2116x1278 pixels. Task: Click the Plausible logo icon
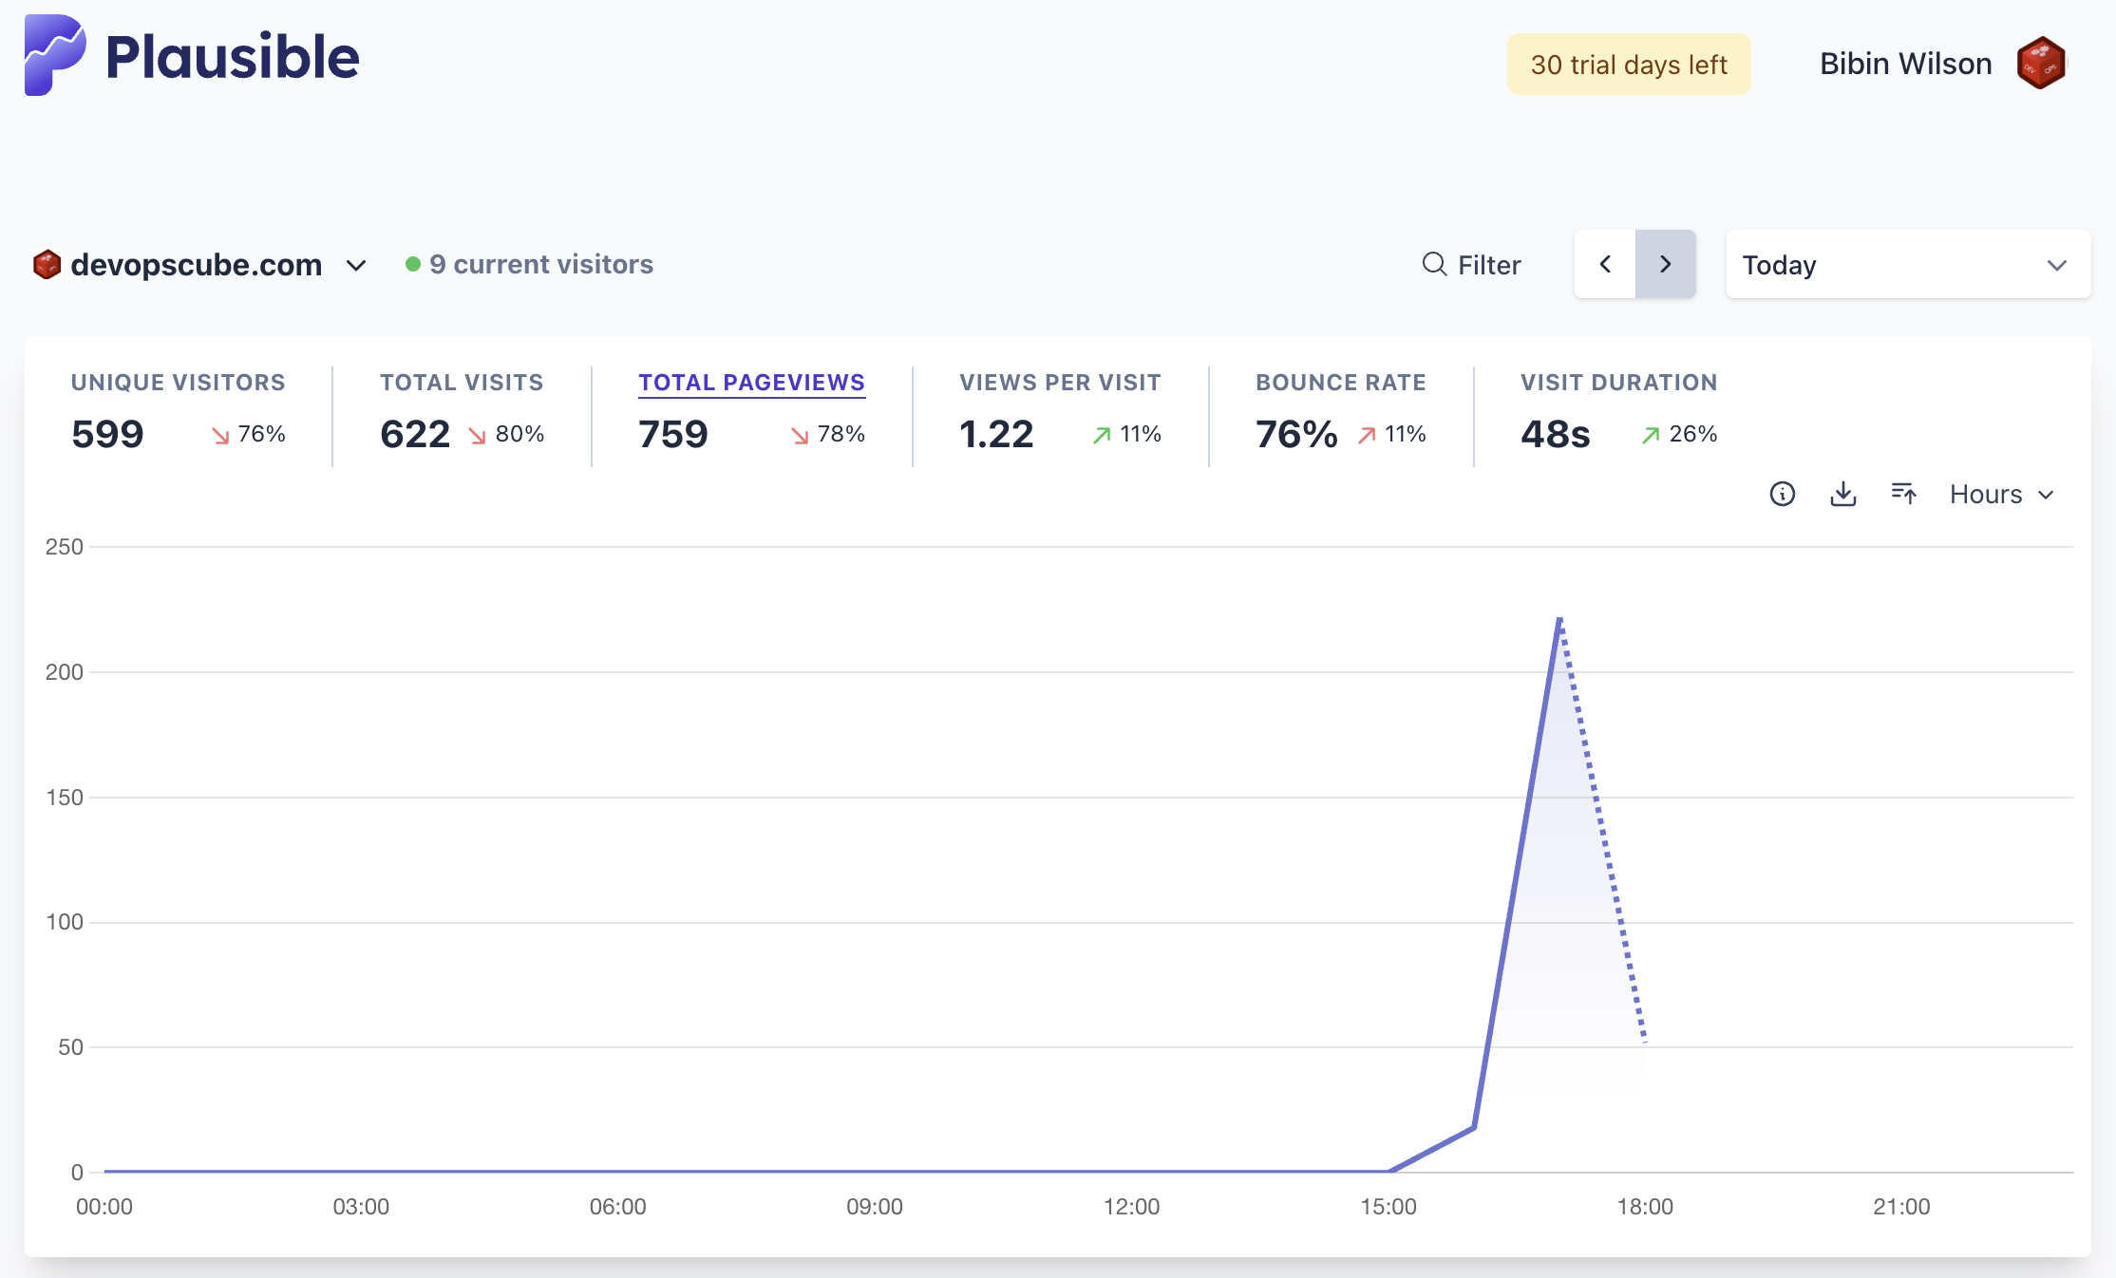pyautogui.click(x=54, y=55)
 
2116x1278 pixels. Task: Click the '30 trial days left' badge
pyautogui.click(x=1628, y=65)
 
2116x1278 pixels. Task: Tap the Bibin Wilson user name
pyautogui.click(x=1905, y=64)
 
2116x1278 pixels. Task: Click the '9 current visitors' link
pyautogui.click(x=540, y=264)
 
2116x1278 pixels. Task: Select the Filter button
pyautogui.click(x=1471, y=265)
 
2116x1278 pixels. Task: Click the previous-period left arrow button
pyautogui.click(x=1605, y=264)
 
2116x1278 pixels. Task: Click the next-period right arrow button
pyautogui.click(x=1665, y=264)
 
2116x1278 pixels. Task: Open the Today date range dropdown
pyautogui.click(x=1907, y=265)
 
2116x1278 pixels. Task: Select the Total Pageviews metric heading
pyautogui.click(x=751, y=383)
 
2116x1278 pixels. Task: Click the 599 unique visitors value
pyautogui.click(x=107, y=434)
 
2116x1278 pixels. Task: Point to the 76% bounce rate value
pyautogui.click(x=1295, y=434)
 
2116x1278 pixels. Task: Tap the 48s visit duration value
pyautogui.click(x=1555, y=434)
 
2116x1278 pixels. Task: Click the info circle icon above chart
pyautogui.click(x=1782, y=494)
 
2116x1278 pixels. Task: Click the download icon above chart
pyautogui.click(x=1842, y=494)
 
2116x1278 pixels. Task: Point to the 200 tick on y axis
pyautogui.click(x=65, y=672)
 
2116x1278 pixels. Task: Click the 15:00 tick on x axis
pyautogui.click(x=1388, y=1207)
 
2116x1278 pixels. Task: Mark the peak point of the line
pyautogui.click(x=1559, y=619)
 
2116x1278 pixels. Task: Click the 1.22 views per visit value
pyautogui.click(x=995, y=434)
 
